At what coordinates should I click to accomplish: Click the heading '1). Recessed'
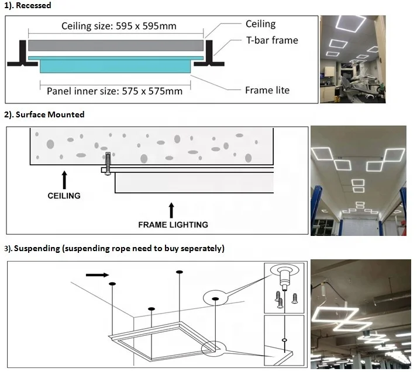[x=27, y=5]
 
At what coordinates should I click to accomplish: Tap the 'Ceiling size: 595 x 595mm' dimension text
[x=119, y=26]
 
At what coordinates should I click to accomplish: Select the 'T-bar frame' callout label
[x=272, y=40]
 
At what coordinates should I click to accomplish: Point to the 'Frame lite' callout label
[x=267, y=91]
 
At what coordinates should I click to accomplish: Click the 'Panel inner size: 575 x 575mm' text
[x=115, y=91]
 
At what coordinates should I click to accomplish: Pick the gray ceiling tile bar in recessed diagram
[x=116, y=46]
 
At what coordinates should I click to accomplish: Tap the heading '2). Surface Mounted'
[x=44, y=114]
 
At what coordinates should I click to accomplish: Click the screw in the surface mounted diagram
[x=108, y=164]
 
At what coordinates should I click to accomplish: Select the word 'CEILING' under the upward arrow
[x=64, y=196]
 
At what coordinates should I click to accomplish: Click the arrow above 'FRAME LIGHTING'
[x=171, y=210]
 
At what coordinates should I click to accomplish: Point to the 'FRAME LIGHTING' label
[x=173, y=225]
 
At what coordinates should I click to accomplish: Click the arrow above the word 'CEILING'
[x=64, y=180]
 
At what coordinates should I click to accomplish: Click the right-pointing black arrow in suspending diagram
[x=97, y=275]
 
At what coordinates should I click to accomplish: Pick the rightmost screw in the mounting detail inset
[x=295, y=298]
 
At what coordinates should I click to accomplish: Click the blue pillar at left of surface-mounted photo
[x=316, y=210]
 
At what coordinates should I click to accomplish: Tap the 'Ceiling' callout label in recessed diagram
[x=261, y=24]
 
